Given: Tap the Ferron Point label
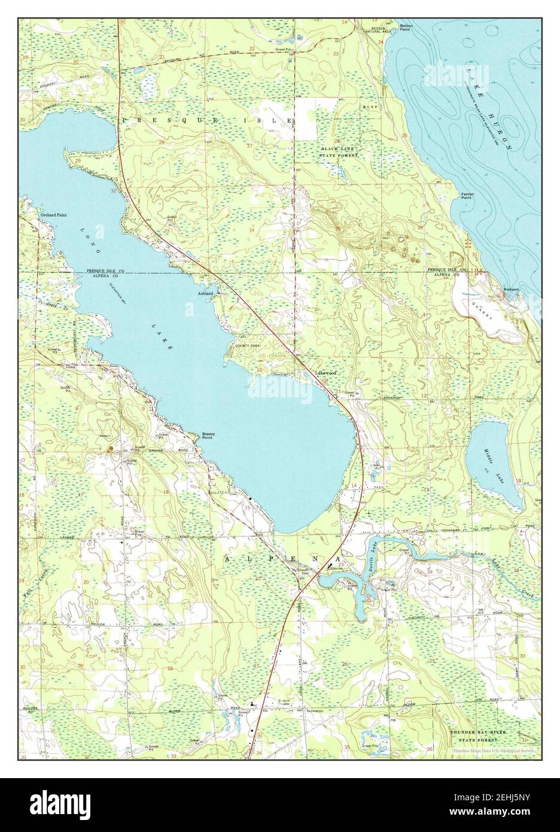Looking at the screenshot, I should tap(467, 196).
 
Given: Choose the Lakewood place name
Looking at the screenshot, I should tap(326, 373).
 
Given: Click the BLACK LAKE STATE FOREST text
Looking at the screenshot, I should tap(339, 151).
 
